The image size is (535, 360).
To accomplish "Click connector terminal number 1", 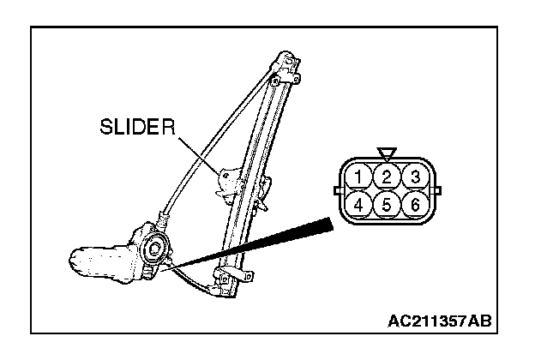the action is pyautogui.click(x=361, y=177).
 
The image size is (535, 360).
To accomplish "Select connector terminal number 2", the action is pyautogui.click(x=387, y=177).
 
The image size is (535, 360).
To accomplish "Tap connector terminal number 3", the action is pyautogui.click(x=413, y=177).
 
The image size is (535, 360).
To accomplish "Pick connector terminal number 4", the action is pyautogui.click(x=361, y=204).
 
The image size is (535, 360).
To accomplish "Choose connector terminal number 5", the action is pyautogui.click(x=387, y=204).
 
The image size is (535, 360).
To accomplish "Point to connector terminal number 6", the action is pyautogui.click(x=413, y=204).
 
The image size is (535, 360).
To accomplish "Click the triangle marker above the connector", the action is pyautogui.click(x=387, y=154).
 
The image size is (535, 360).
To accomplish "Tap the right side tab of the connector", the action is pyautogui.click(x=438, y=190).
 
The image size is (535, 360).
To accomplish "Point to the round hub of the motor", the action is pyautogui.click(x=156, y=249).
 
